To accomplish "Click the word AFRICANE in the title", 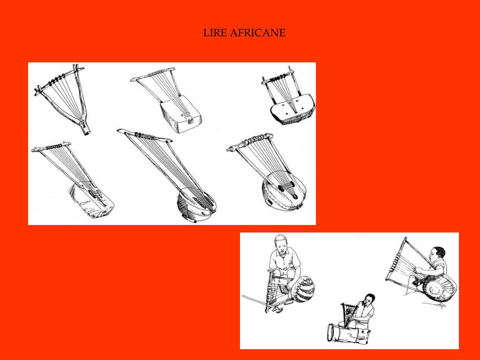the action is pyautogui.click(x=257, y=33).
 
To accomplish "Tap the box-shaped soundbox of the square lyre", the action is pyautogui.click(x=180, y=113).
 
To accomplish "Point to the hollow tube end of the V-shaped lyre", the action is pyautogui.click(x=87, y=132).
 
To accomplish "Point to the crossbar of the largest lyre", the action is pyautogui.click(x=144, y=135).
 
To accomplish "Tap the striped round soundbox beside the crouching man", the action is pyautogui.click(x=303, y=289).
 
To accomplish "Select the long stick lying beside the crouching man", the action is pyautogui.click(x=254, y=300).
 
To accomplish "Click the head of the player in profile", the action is pyautogui.click(x=437, y=254).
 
